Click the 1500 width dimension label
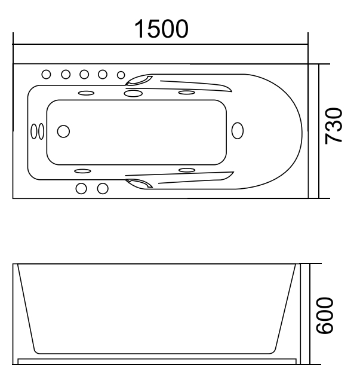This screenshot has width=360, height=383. click(x=161, y=28)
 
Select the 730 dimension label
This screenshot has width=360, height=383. click(x=334, y=125)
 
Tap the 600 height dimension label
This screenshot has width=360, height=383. click(x=334, y=315)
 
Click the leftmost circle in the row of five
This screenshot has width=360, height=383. click(x=47, y=74)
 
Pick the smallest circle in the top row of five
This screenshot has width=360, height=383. click(x=121, y=75)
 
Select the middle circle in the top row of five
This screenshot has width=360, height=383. click(x=84, y=74)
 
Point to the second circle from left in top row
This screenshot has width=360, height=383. click(x=66, y=74)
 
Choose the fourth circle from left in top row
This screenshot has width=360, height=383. click(x=103, y=74)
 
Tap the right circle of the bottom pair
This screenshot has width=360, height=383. click(x=103, y=188)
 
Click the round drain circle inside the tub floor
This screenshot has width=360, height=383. click(x=63, y=131)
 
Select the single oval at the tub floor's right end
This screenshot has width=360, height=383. click(x=237, y=131)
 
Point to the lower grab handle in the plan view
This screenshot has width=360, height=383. click(x=139, y=182)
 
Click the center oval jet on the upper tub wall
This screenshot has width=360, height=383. click(x=133, y=93)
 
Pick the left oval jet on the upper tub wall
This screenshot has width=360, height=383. click(x=85, y=93)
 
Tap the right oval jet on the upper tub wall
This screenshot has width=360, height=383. click(x=187, y=93)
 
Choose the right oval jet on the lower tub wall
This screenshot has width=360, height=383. click(x=187, y=170)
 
